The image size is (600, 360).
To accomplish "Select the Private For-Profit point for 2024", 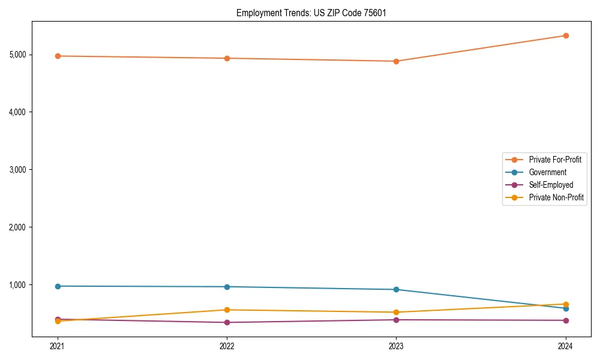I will (x=565, y=35).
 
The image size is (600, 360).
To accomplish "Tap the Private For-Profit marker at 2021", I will (x=58, y=56).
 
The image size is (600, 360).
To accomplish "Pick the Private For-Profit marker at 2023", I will (x=396, y=61).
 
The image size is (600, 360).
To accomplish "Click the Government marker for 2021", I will (x=58, y=286).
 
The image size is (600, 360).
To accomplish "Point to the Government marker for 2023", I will (x=396, y=290).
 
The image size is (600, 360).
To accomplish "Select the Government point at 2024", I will (x=565, y=308).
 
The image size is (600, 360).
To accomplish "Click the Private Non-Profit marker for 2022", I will (x=227, y=310).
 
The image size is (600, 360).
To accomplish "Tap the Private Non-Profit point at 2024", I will (x=565, y=304).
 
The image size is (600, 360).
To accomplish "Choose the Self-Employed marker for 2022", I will (x=227, y=322).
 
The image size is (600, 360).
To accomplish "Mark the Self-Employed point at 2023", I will (x=396, y=320).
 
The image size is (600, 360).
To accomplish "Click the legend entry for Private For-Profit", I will (x=554, y=160).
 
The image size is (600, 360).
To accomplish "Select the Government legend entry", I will (x=547, y=172).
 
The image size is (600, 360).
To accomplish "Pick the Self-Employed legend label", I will (x=551, y=185).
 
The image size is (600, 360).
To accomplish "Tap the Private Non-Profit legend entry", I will (x=556, y=197).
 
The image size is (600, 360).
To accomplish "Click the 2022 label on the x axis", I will (x=227, y=346).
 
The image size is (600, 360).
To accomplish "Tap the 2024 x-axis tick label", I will (x=565, y=346).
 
